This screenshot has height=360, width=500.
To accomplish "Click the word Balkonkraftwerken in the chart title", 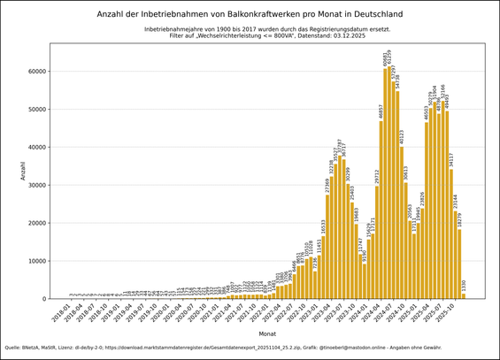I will [268, 14].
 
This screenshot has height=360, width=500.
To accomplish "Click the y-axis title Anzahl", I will [24, 171].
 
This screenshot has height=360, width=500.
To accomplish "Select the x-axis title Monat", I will [266, 333].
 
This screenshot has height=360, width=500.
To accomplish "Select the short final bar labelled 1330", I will [463, 296].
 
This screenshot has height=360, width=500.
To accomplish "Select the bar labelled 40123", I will [401, 222].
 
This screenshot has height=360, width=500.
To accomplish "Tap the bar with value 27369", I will [327, 247].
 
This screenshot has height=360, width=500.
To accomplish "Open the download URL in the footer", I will [180, 348].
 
